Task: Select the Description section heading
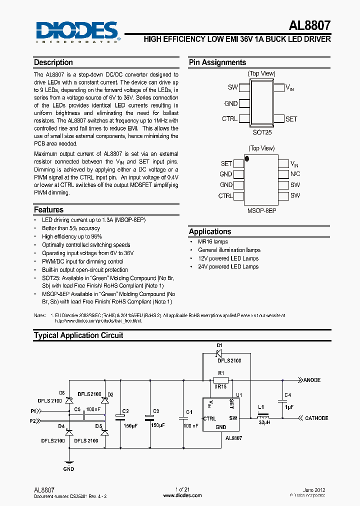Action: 53,62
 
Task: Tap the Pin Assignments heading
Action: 217,62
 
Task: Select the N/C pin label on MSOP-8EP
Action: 295,174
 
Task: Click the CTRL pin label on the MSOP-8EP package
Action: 225,196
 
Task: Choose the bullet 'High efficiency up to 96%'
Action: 72,236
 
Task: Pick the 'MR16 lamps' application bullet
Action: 213,241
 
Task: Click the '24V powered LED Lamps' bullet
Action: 228,266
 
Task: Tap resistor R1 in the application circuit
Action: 220,379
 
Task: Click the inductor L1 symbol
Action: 262,417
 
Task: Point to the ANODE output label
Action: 312,380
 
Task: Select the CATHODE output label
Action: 316,418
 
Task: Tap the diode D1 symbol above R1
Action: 219,353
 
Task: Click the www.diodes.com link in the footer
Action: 182,495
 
